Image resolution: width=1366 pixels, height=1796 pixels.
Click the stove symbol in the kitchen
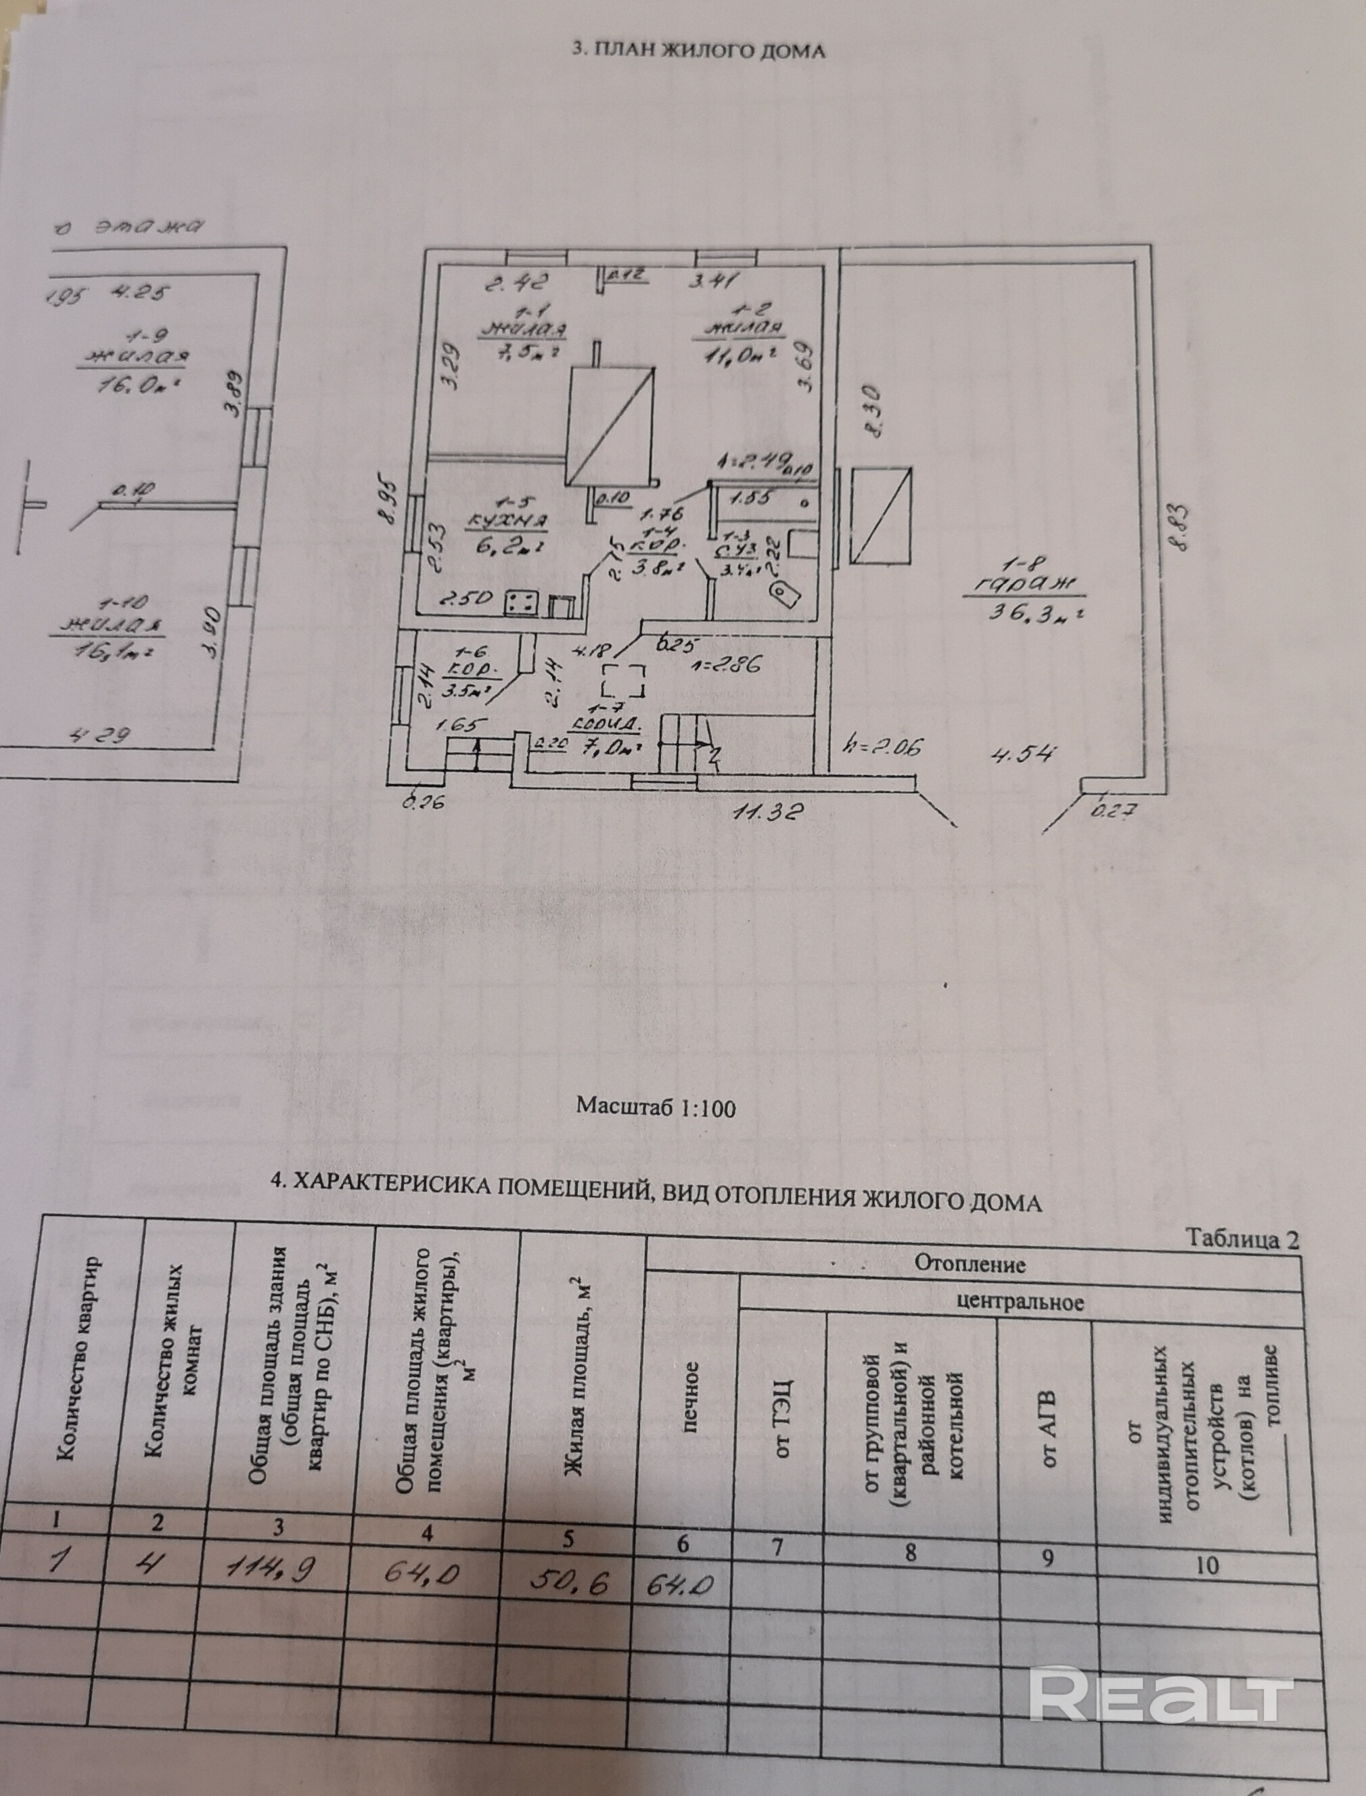[522, 602]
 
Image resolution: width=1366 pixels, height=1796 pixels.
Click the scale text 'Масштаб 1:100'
[656, 1106]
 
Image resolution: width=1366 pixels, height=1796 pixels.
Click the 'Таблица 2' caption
[1242, 1238]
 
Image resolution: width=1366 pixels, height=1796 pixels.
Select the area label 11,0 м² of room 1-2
[736, 354]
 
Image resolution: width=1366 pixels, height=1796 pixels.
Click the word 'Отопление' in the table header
[970, 1264]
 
